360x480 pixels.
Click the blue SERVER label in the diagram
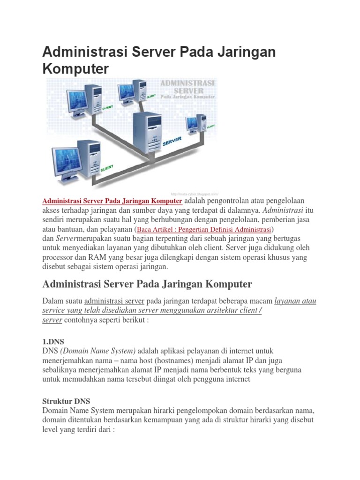pos(172,141)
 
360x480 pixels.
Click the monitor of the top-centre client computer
pos(127,91)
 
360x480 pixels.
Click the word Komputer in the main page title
pos(75,69)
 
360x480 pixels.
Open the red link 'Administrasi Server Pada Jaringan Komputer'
pos(112,201)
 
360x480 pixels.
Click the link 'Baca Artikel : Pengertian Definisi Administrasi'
pos(204,230)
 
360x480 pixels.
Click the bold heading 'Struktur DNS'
pos(66,401)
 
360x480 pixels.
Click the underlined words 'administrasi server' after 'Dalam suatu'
pos(114,301)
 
